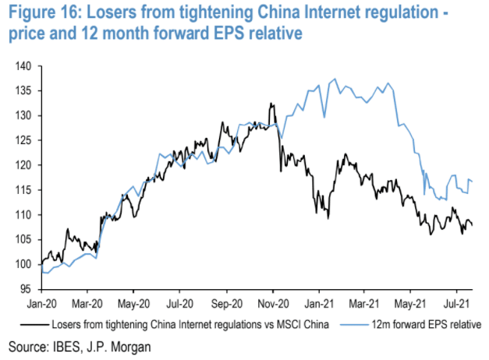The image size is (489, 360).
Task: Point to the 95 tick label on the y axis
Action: pos(23,288)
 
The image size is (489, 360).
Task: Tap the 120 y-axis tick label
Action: pos(21,165)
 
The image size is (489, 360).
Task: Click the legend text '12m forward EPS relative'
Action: pos(426,323)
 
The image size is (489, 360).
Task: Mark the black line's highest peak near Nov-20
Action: pos(271,103)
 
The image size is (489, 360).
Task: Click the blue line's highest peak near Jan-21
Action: pos(335,79)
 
